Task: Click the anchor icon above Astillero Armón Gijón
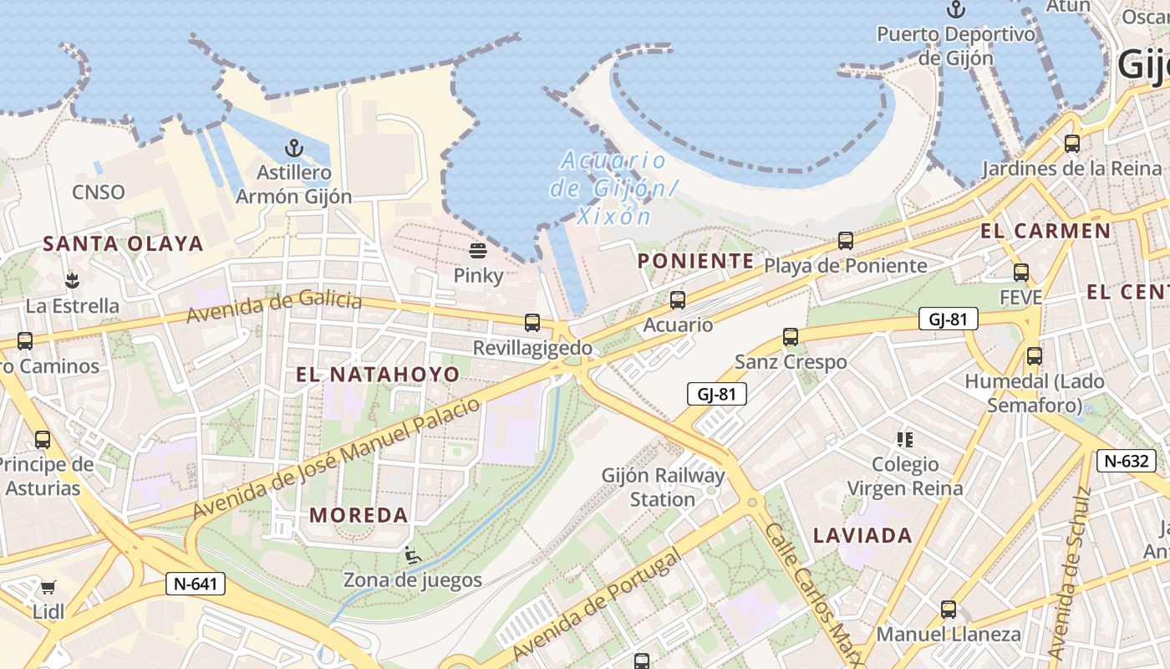coord(293,149)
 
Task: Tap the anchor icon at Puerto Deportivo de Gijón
coord(955,10)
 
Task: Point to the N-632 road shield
coord(1128,460)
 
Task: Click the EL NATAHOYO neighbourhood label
coord(378,374)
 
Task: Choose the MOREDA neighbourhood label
coord(359,515)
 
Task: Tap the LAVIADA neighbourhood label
coord(862,535)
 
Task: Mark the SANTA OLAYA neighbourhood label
coord(123,243)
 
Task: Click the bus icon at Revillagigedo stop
coord(532,323)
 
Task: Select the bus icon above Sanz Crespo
coord(791,337)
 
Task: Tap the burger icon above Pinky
coord(478,250)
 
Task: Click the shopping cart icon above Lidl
coord(48,587)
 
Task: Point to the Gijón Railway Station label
coord(663,488)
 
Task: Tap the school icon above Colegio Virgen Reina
coord(905,439)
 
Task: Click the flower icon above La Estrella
coord(72,280)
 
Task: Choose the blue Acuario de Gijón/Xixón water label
coord(613,188)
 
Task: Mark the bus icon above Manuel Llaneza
coord(949,610)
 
